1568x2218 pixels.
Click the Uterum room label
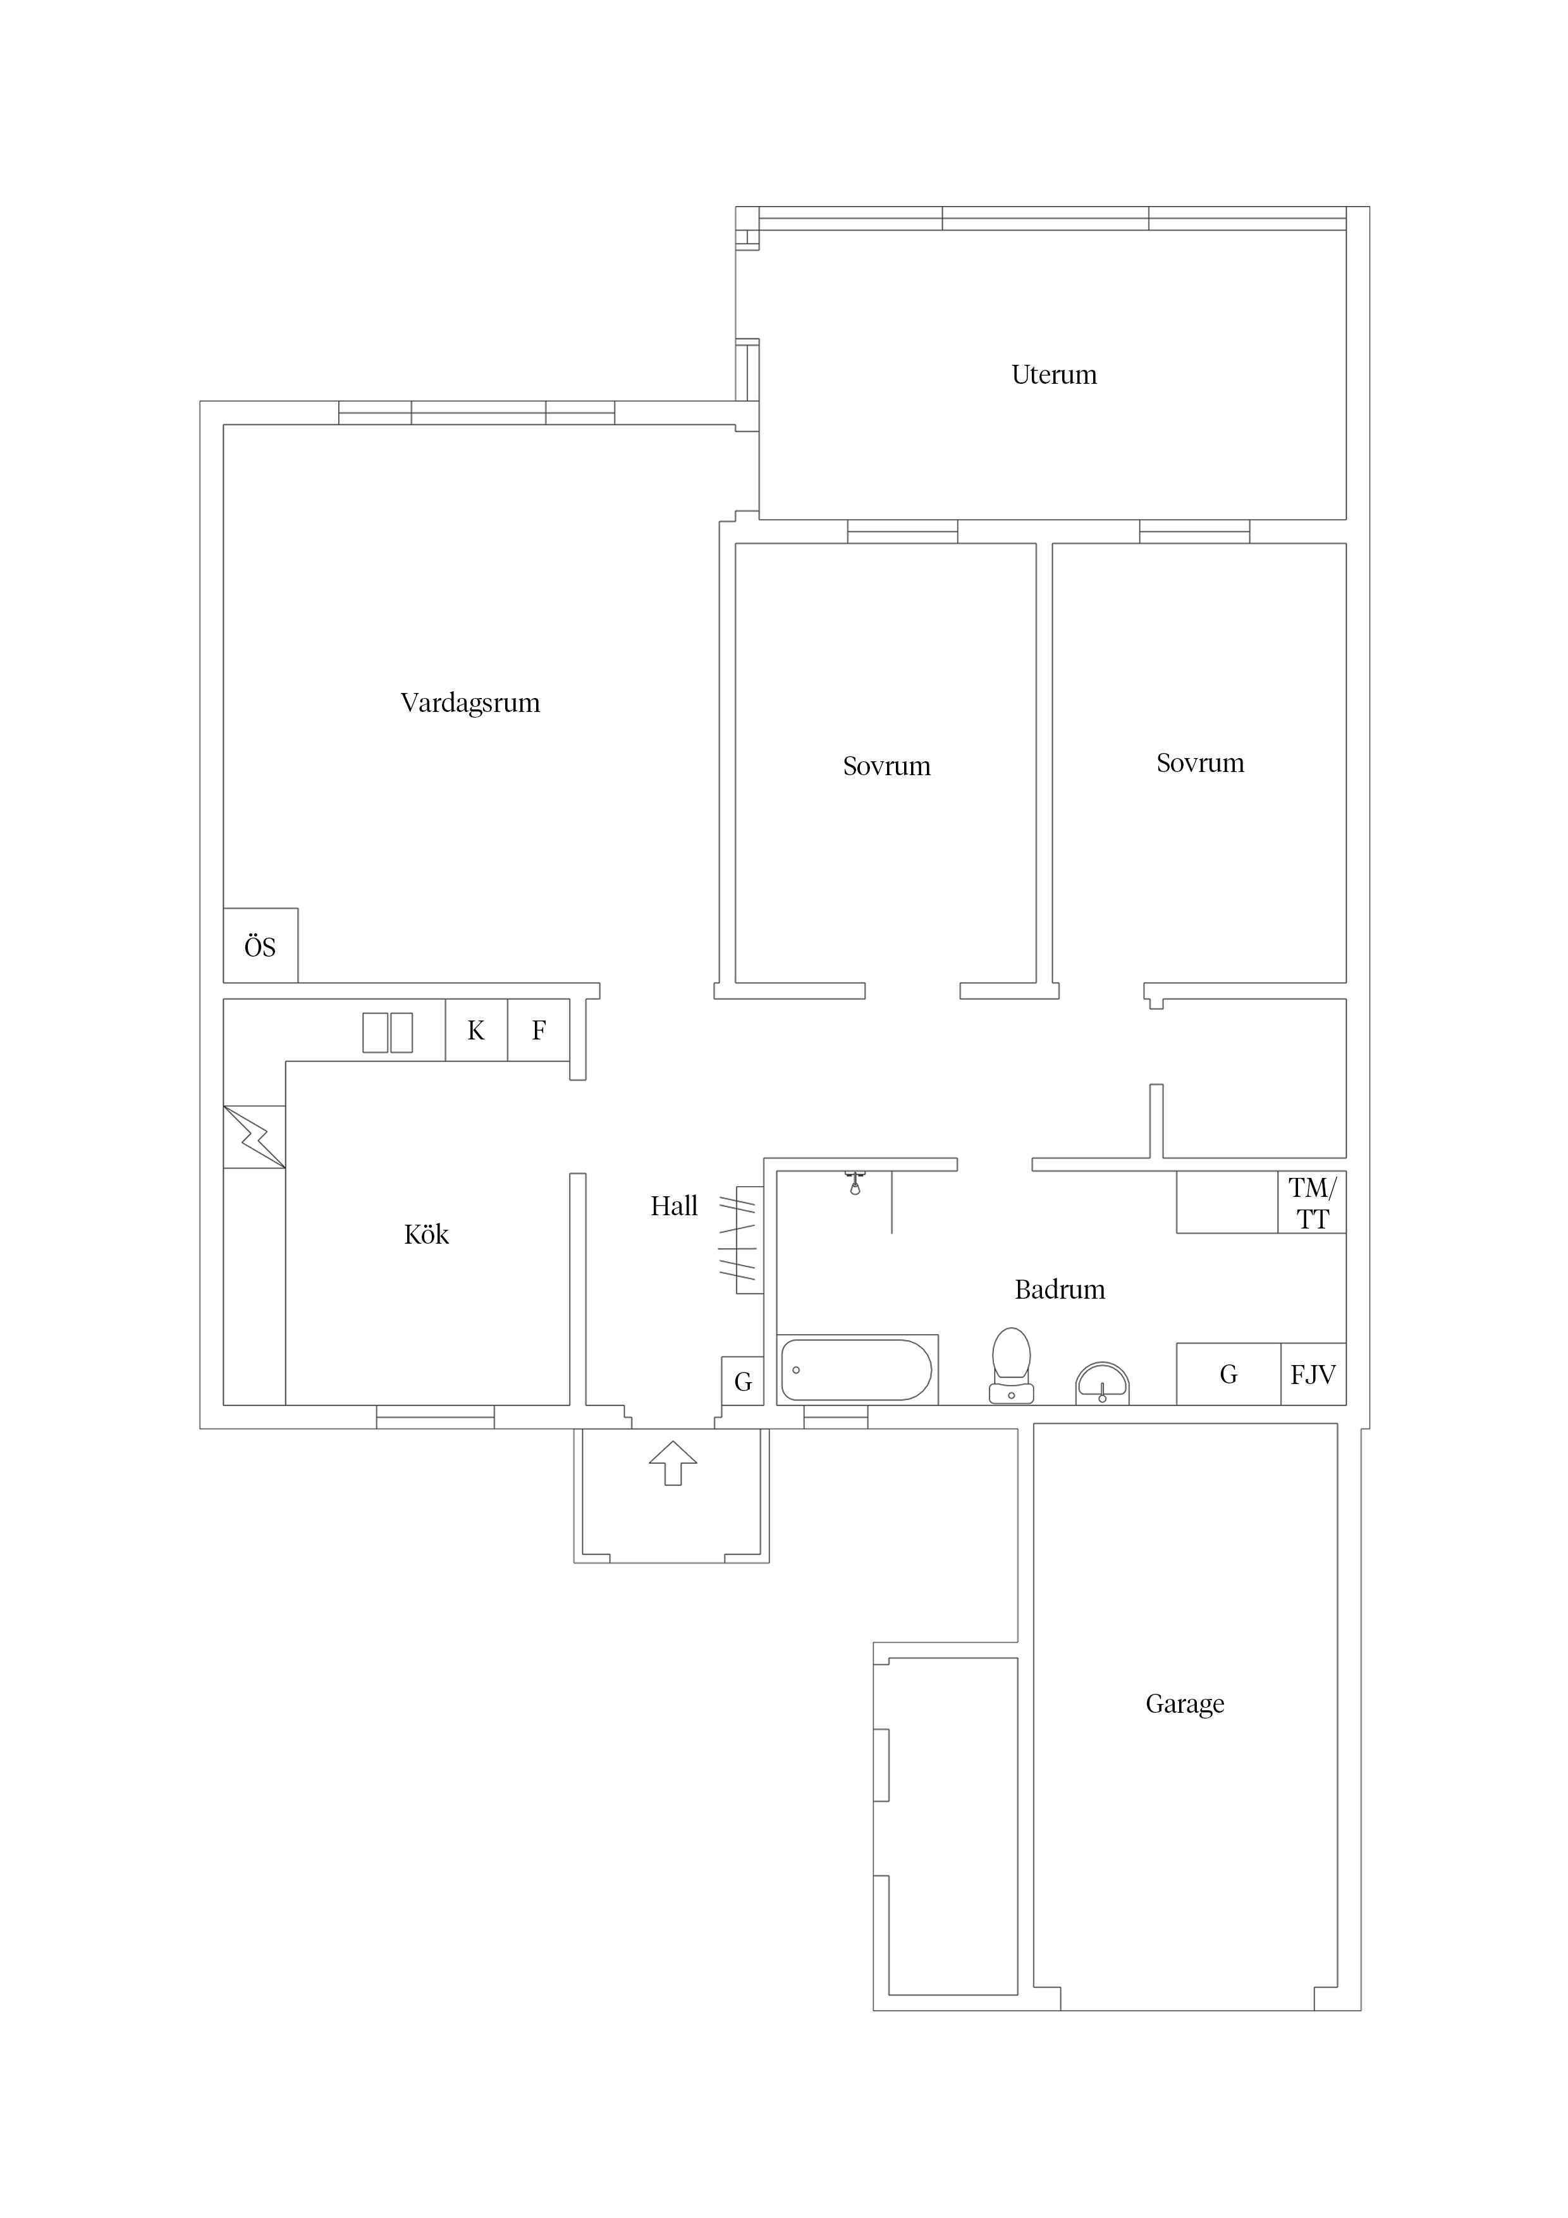(x=1053, y=375)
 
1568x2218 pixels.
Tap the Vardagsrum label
(x=470, y=702)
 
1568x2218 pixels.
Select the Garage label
(x=1184, y=1703)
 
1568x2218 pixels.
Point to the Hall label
(x=673, y=1206)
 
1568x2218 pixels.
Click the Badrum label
(x=1059, y=1290)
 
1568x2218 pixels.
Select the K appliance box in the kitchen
(x=476, y=1030)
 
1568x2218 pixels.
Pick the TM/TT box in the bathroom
(x=1312, y=1203)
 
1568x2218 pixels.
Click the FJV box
(x=1313, y=1374)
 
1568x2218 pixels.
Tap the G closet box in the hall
(x=743, y=1382)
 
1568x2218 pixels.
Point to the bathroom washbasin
(x=1102, y=1383)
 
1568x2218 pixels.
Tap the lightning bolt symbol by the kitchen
(x=255, y=1137)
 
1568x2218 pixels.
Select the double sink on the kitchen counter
(x=388, y=1032)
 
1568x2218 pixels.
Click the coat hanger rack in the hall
(x=743, y=1239)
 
